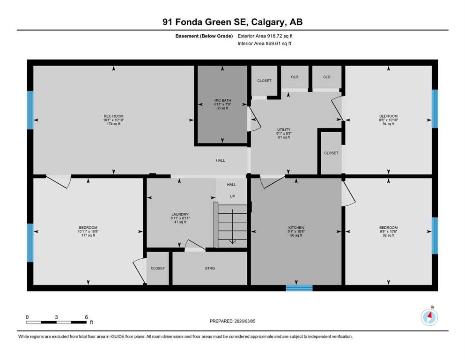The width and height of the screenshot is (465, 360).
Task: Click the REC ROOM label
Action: coord(113,116)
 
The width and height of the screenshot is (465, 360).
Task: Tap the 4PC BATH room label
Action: coord(222,100)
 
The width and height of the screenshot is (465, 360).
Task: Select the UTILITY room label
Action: coord(284,129)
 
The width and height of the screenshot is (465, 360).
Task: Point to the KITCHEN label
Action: coord(296,228)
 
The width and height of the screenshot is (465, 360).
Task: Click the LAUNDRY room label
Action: coord(180,214)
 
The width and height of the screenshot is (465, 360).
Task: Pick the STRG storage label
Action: coord(210,268)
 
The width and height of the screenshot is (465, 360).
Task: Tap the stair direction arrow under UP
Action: coord(232,226)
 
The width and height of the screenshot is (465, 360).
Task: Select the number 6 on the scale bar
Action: coord(86,317)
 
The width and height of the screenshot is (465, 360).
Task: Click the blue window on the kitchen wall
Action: coord(299,288)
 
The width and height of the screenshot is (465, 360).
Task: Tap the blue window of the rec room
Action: coord(30,110)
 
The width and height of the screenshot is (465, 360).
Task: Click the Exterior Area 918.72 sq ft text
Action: coord(265,36)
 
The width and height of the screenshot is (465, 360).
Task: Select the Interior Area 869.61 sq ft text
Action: coord(264,43)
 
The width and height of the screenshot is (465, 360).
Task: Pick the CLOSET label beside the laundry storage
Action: coord(158,268)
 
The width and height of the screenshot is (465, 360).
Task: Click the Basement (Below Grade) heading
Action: coord(204,36)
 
